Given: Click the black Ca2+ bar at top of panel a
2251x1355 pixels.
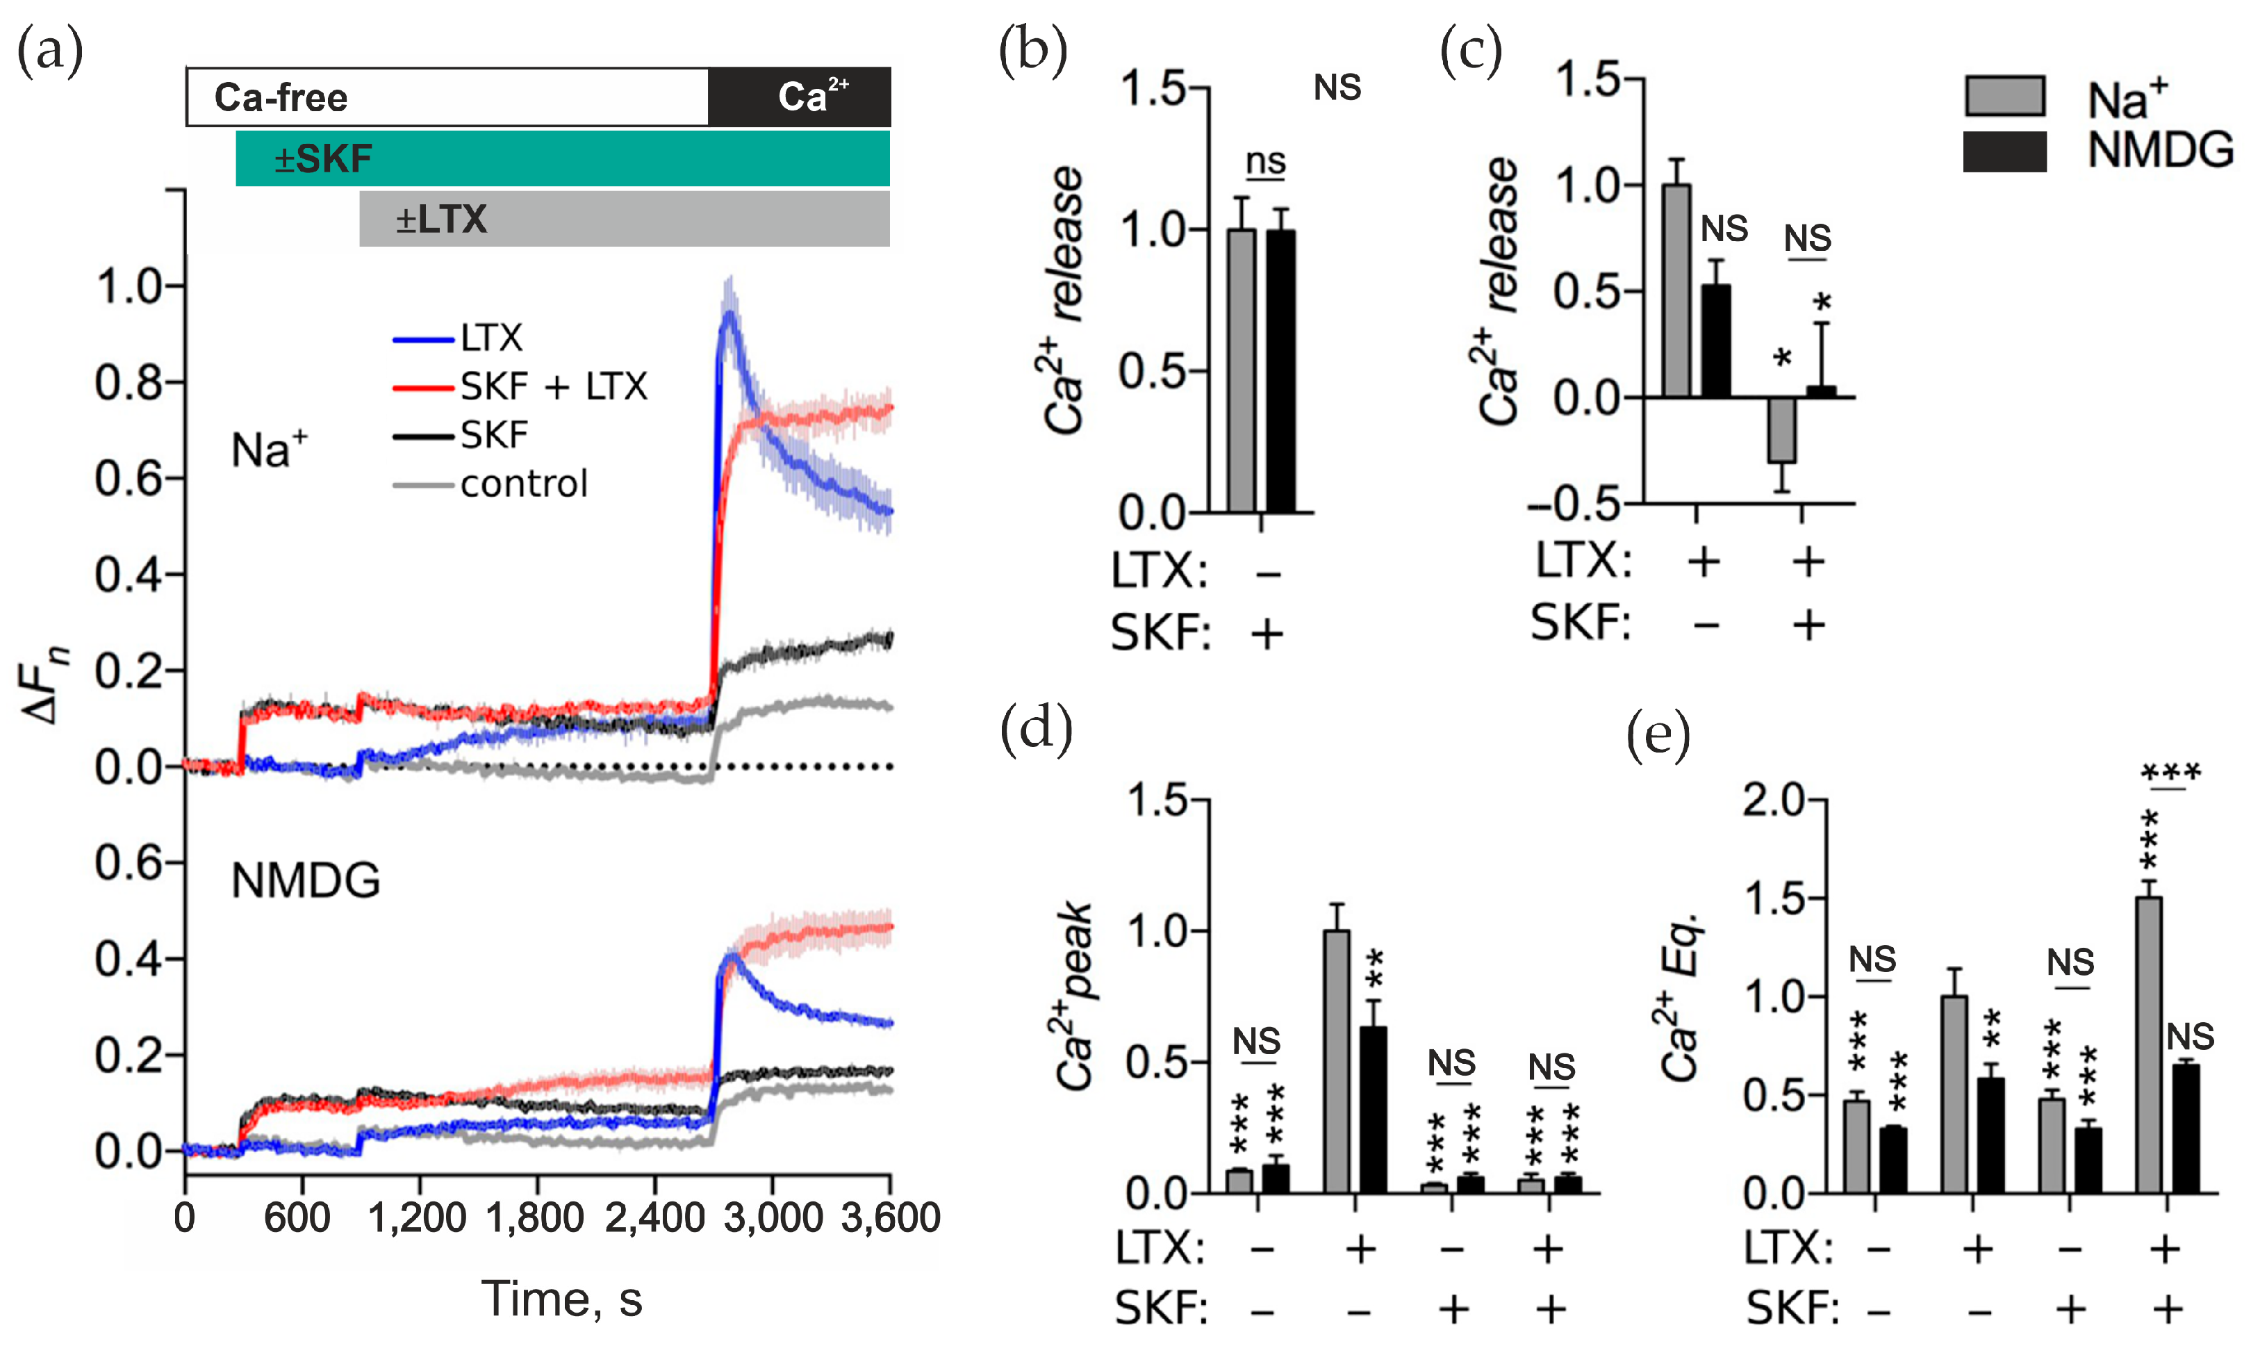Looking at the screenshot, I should point(799,97).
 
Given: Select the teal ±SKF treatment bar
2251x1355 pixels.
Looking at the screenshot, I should point(562,159).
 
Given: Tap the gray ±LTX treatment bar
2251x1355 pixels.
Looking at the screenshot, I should point(625,219).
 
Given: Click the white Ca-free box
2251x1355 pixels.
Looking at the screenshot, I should point(447,97).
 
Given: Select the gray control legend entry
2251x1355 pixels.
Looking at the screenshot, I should point(491,484).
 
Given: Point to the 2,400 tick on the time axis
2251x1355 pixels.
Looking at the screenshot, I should point(654,1218).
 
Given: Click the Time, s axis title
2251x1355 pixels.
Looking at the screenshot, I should point(561,1299).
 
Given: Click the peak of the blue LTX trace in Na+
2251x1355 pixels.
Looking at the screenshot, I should point(728,313).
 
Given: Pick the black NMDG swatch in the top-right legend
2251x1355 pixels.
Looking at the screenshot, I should point(2004,151).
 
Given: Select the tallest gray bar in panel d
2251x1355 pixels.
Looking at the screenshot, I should point(1337,1061).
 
